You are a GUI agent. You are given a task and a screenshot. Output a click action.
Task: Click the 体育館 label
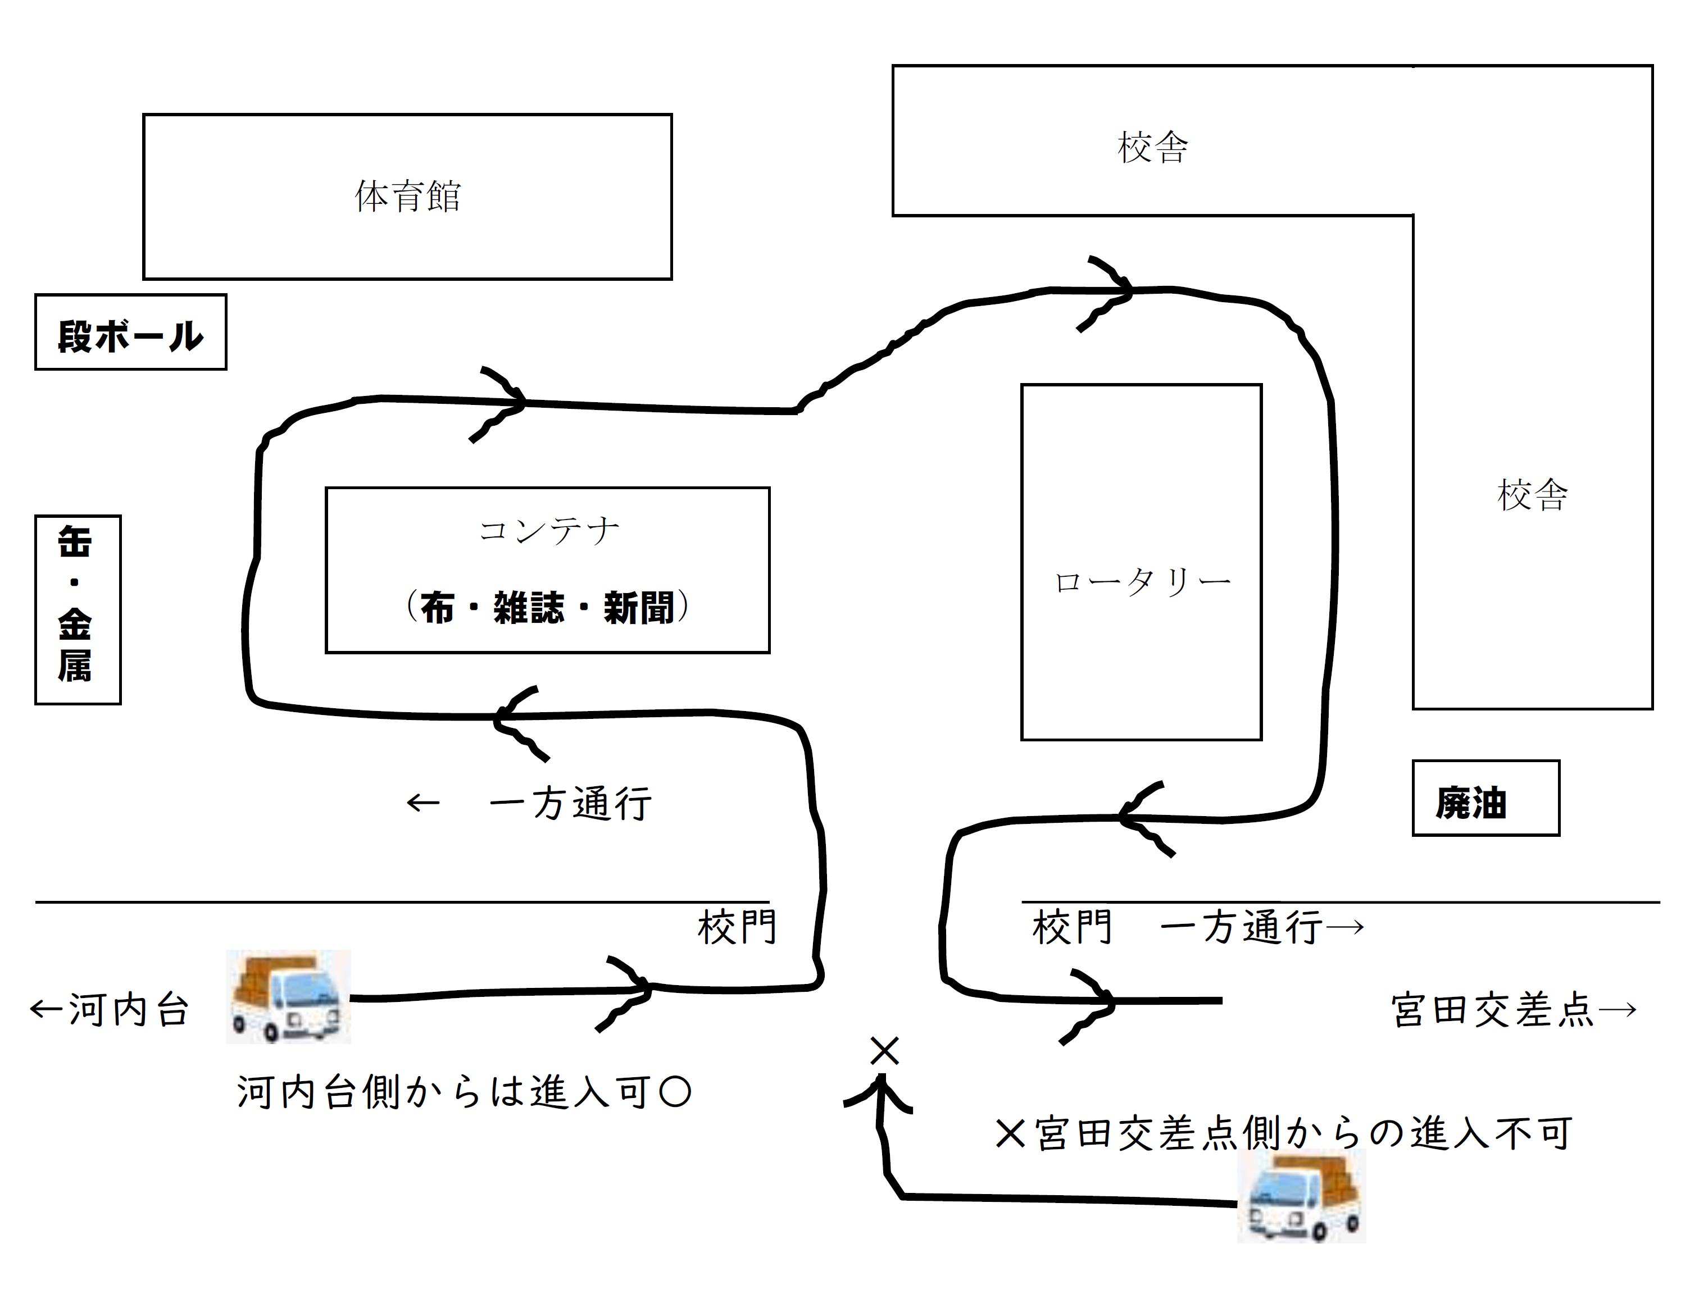pyautogui.click(x=408, y=197)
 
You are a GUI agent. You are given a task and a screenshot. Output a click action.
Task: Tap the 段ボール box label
pyautogui.click(x=131, y=336)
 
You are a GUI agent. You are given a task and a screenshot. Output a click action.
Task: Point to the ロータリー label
pyautogui.click(x=1142, y=581)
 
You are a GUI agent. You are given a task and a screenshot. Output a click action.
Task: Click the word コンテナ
pyautogui.click(x=548, y=531)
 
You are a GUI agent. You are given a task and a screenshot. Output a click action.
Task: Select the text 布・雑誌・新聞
pyautogui.click(x=547, y=607)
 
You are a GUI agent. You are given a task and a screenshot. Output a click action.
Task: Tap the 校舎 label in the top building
pyautogui.click(x=1152, y=147)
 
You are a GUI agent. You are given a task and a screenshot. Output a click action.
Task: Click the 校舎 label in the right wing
pyautogui.click(x=1532, y=495)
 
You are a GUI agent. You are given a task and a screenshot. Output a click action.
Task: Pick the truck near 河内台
pyautogui.click(x=288, y=996)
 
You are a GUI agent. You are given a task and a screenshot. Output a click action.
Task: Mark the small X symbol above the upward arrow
pyautogui.click(x=884, y=1051)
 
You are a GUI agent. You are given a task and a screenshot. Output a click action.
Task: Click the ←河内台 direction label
pyautogui.click(x=110, y=1010)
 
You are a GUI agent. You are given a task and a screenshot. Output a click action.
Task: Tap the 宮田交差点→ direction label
pyautogui.click(x=1514, y=1010)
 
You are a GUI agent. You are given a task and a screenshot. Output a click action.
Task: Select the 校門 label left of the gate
pyautogui.click(x=737, y=927)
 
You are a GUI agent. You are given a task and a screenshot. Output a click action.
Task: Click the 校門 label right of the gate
pyautogui.click(x=1072, y=927)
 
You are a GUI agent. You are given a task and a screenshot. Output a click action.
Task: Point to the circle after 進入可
pyautogui.click(x=675, y=1092)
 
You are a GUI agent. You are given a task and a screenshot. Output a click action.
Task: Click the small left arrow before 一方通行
pyautogui.click(x=422, y=803)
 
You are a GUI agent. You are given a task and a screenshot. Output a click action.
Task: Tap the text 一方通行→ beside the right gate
pyautogui.click(x=1262, y=927)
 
